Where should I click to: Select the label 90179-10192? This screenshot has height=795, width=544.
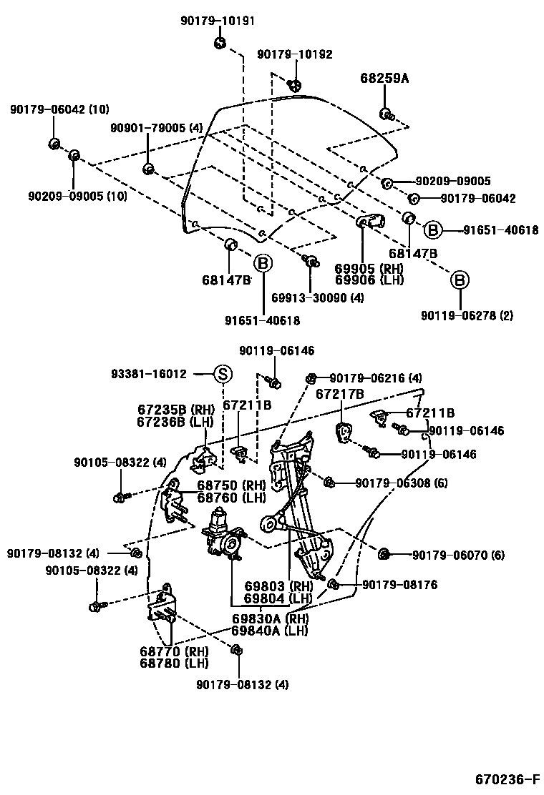[x=295, y=54]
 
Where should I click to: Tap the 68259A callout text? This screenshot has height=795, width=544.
[x=384, y=79]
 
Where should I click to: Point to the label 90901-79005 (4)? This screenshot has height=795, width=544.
[x=157, y=128]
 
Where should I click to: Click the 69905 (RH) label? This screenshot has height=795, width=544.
[x=369, y=268]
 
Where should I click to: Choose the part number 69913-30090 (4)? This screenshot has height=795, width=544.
[x=317, y=297]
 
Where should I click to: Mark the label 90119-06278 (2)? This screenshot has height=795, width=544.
[x=467, y=315]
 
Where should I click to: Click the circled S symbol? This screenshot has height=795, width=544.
[x=223, y=373]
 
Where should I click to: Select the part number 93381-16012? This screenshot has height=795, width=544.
[x=149, y=374]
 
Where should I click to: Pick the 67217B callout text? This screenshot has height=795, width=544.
[x=340, y=394]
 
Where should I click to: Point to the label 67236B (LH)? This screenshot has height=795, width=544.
[x=176, y=422]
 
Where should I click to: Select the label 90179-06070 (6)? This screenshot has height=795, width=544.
[x=458, y=554]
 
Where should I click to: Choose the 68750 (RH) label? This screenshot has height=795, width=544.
[x=231, y=485]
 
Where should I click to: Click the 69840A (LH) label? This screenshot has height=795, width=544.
[x=269, y=631]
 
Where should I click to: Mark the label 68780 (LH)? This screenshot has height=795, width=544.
[x=175, y=663]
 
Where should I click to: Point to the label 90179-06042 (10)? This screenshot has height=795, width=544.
[x=59, y=109]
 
